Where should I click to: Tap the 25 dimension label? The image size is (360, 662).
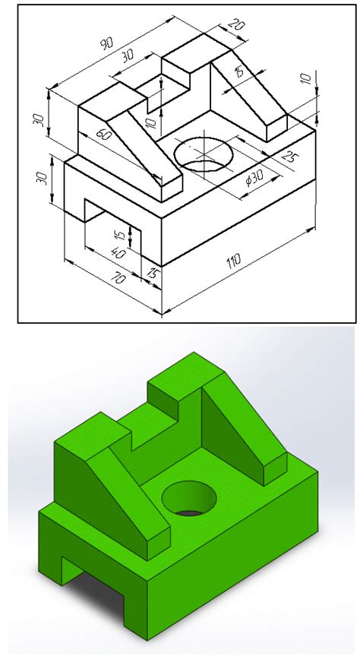tap(288, 157)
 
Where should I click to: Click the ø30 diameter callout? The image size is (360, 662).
tap(255, 181)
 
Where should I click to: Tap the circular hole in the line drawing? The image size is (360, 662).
tap(204, 152)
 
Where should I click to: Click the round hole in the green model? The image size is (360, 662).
tap(190, 499)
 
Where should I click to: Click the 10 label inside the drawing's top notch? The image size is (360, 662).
tap(150, 120)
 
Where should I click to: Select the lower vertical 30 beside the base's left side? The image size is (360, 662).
tap(43, 179)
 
